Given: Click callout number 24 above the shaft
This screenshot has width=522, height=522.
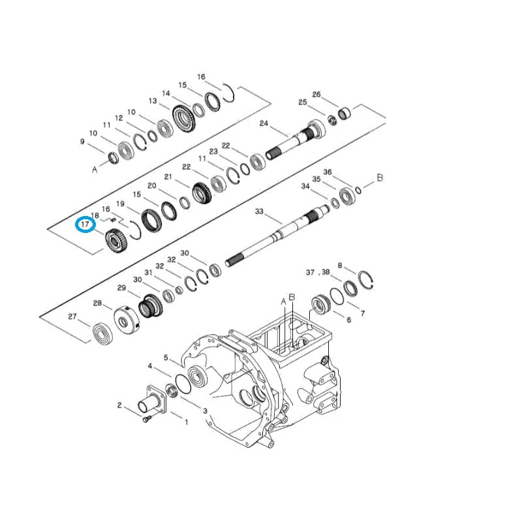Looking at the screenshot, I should (264, 123).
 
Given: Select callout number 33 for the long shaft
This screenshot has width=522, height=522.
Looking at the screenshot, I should (259, 211).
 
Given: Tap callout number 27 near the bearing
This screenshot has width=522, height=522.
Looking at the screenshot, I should (74, 316).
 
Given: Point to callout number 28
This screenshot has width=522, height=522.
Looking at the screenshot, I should (97, 303).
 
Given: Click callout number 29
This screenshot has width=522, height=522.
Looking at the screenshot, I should (121, 288).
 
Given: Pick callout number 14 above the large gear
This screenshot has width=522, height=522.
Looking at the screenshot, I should (166, 93).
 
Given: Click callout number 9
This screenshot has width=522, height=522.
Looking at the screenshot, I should (82, 141).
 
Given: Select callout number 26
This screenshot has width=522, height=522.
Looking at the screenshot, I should (316, 95).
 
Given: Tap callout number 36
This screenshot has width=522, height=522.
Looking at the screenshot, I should (328, 172).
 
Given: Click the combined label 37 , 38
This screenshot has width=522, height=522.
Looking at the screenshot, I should (318, 272).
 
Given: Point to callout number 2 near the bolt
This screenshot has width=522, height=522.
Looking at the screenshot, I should (119, 405).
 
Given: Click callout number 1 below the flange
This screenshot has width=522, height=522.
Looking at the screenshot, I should (186, 422).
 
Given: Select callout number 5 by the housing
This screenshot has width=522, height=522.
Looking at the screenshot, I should (166, 357).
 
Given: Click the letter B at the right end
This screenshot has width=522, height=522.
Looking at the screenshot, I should (380, 177).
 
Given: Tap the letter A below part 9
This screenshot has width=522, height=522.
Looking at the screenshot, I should (95, 169).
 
